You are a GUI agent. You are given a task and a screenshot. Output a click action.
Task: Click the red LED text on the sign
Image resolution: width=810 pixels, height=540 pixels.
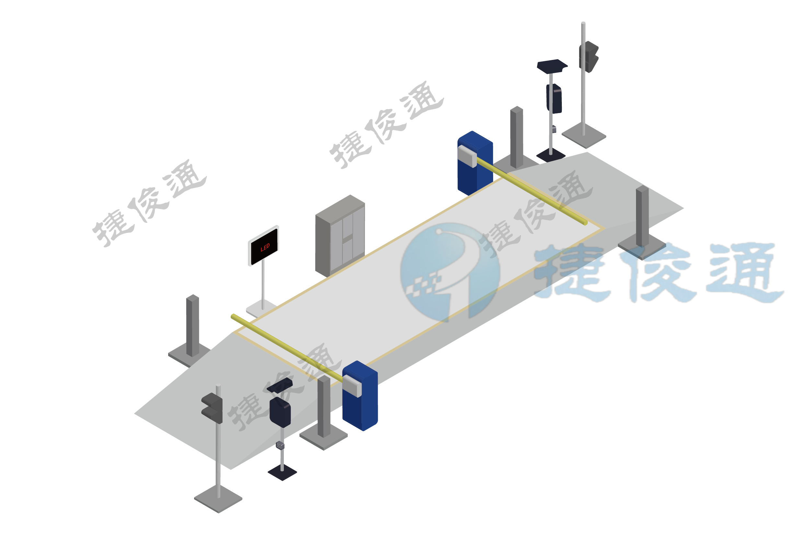265,247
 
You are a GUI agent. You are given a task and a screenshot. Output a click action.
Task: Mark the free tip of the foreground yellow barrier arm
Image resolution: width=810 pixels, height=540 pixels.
233,316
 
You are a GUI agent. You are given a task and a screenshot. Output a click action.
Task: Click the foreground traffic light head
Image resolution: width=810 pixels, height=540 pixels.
212,408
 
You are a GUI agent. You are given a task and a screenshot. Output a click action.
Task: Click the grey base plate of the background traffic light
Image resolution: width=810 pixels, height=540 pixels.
584,136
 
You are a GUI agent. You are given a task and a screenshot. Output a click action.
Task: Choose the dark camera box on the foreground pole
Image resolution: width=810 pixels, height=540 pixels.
280,412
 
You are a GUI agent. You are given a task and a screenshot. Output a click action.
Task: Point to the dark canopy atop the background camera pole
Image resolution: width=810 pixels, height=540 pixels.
552,65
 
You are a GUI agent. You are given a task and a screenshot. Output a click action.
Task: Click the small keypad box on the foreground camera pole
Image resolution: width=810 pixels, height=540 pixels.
280,445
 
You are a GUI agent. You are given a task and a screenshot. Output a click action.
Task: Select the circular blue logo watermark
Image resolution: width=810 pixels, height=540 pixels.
449,272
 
